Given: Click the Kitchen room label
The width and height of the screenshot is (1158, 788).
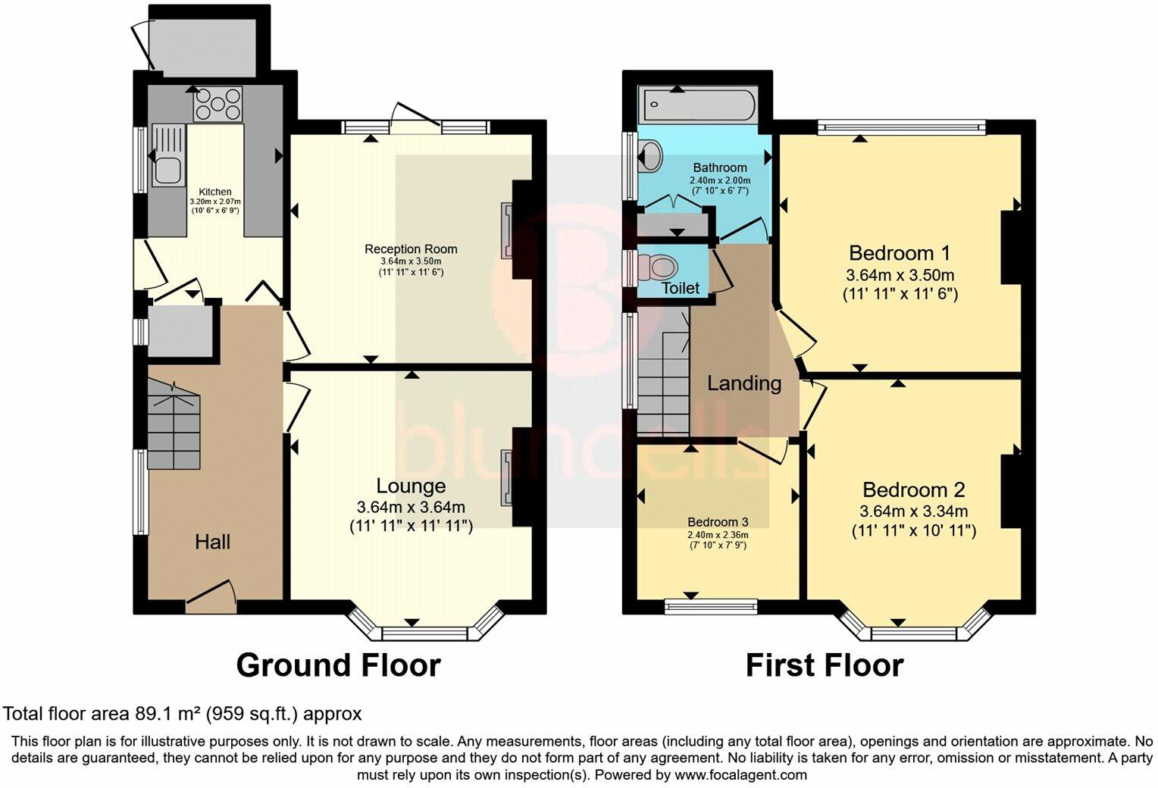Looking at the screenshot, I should (214, 192).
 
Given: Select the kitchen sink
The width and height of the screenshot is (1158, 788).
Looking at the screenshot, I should (167, 155).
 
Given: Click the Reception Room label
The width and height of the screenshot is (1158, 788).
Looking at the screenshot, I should (411, 249).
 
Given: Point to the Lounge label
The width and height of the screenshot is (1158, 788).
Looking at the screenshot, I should (411, 486).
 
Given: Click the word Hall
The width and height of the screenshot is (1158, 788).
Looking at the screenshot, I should (212, 542).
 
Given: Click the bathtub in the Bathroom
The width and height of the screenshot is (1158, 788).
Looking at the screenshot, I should (696, 105).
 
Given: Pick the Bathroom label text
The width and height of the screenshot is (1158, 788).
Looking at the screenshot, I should (719, 167).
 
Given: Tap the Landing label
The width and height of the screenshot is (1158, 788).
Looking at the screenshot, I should (743, 383).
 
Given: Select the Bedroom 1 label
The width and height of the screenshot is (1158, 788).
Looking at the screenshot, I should (899, 252).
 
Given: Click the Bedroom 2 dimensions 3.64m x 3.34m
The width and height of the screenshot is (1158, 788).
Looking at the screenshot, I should (913, 511).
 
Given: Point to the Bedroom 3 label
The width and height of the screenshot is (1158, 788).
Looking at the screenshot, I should (717, 522).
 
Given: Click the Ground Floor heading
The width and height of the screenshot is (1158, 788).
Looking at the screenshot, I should (338, 665).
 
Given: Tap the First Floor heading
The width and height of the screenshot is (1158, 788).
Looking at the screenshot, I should (824, 665).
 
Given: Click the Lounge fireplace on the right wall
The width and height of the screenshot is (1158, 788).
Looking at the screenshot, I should (506, 478).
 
